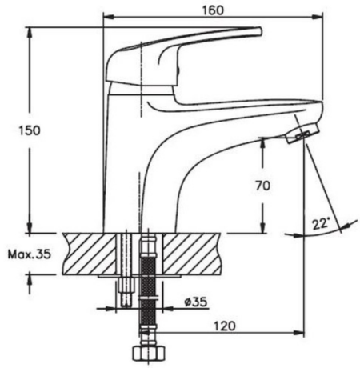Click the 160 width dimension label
[214, 10]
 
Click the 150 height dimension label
[30, 130]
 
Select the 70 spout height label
[263, 186]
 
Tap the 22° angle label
[321, 223]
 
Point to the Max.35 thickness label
[29, 254]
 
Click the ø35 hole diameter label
[196, 302]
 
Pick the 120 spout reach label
[225, 326]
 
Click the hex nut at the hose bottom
[149, 354]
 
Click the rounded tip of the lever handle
[260, 31]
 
